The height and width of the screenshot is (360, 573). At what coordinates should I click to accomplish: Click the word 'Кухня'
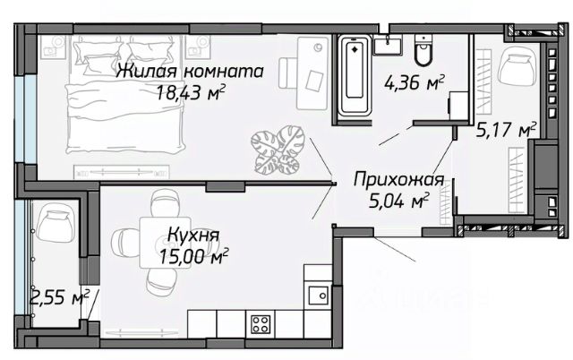click(192, 236)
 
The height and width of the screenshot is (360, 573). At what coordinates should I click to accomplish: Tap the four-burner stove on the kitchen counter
click(261, 321)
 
